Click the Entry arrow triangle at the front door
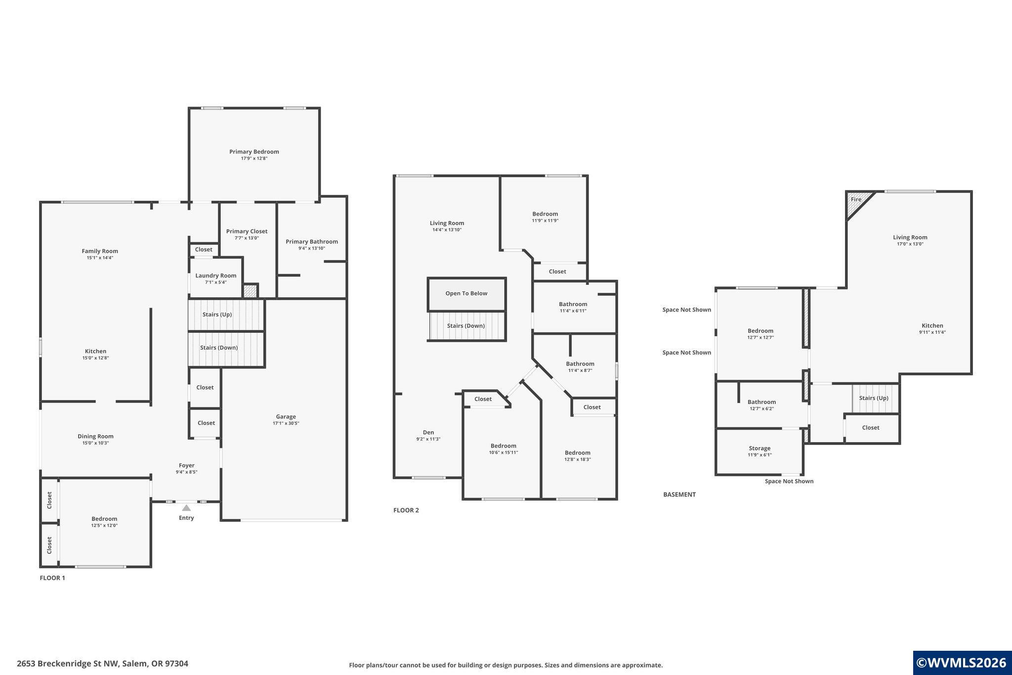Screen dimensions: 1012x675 (186, 508)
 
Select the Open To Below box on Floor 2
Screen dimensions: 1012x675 (466, 294)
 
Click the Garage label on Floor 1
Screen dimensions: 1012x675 (286, 416)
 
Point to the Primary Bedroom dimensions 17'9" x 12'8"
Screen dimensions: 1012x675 (254, 158)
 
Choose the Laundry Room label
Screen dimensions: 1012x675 (216, 275)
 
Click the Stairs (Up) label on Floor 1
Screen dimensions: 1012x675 (217, 315)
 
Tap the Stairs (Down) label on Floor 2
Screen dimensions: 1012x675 (466, 326)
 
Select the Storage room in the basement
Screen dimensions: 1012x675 (759, 451)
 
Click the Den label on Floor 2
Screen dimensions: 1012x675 (428, 432)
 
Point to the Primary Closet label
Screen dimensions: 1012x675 (247, 231)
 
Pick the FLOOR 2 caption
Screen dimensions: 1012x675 (406, 510)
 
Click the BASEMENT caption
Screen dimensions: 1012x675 (679, 495)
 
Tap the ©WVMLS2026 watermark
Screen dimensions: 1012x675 (962, 663)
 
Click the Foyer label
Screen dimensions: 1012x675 (186, 465)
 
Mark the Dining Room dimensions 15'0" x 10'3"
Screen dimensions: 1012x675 (95, 443)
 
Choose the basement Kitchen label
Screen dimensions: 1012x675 (932, 325)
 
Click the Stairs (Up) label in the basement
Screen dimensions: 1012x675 (874, 398)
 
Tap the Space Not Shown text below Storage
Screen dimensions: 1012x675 (789, 481)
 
